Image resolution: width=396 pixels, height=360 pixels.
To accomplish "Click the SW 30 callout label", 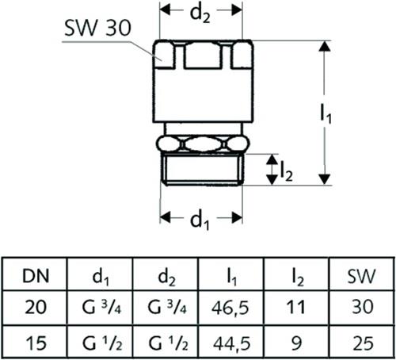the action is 97,29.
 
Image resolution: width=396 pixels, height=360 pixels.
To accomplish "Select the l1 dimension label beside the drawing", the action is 326,113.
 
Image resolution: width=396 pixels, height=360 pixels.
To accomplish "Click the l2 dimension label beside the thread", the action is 287,172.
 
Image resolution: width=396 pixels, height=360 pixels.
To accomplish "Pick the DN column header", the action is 36,276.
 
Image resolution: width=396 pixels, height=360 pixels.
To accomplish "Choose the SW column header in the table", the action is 361,276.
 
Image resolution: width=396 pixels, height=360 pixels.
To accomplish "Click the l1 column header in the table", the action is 232,278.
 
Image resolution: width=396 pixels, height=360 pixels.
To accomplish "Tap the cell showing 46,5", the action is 230,308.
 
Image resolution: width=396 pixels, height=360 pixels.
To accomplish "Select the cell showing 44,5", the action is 231,343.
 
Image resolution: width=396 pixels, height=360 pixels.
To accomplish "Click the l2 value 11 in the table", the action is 295,307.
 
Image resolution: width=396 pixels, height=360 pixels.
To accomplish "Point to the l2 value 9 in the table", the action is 296,343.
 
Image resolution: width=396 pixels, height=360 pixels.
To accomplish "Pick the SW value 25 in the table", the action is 363,343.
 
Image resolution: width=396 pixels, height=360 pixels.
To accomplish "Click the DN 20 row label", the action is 36,307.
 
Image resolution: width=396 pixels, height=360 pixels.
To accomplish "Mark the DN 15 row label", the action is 36,343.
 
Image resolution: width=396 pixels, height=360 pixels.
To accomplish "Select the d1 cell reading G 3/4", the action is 101,307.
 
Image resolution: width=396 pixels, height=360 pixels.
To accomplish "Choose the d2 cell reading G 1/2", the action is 168,343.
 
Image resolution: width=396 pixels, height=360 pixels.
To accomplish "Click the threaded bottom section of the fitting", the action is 203,169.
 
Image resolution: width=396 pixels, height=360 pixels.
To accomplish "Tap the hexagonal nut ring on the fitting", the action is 203,144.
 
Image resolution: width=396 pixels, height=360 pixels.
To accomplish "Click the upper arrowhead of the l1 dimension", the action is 325,46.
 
